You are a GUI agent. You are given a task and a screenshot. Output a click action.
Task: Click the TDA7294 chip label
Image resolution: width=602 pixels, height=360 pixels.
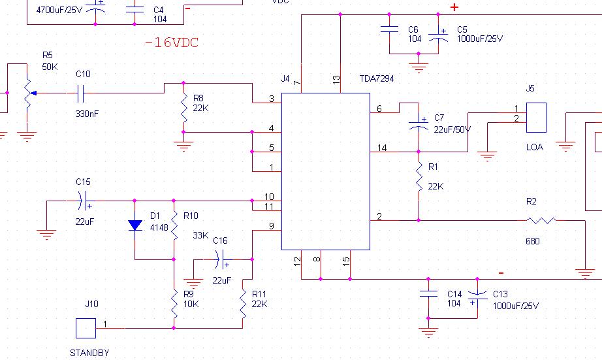(x=377, y=79)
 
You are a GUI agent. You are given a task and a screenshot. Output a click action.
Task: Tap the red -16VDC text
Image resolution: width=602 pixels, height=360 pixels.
(x=172, y=42)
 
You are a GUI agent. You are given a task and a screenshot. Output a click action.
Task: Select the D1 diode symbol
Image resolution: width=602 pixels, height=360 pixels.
(x=135, y=225)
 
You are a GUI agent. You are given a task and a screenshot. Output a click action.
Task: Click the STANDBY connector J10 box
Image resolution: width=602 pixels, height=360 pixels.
(x=86, y=328)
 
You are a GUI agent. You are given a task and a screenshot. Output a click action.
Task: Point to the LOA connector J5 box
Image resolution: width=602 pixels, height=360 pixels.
(x=536, y=118)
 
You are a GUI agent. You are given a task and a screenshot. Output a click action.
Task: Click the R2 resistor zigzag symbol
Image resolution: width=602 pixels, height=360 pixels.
(x=541, y=221)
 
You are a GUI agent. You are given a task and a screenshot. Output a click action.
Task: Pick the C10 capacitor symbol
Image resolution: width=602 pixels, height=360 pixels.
(x=80, y=93)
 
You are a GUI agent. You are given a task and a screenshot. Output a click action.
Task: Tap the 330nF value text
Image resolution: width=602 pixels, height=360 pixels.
(x=87, y=114)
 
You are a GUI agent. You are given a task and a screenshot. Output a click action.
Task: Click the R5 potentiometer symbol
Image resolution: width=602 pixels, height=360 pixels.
(x=28, y=93)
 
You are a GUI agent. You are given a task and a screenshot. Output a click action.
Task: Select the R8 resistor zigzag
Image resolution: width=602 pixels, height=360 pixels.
(x=184, y=108)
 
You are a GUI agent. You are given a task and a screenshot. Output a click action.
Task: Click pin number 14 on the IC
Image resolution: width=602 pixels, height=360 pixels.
(x=381, y=148)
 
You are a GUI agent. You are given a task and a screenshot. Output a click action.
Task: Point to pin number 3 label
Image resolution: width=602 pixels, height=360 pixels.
(x=272, y=99)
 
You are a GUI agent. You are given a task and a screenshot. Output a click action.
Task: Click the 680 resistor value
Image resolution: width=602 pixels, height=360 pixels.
(x=533, y=241)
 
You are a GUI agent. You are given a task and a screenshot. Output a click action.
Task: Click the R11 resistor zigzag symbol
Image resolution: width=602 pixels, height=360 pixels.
(x=243, y=304)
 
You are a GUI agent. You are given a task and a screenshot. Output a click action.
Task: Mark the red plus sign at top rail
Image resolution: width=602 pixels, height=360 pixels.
(x=454, y=7)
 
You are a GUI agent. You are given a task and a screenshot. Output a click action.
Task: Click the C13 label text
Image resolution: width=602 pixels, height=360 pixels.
(x=500, y=294)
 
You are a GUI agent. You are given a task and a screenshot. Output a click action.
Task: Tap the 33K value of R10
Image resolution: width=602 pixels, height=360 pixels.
(x=200, y=235)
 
